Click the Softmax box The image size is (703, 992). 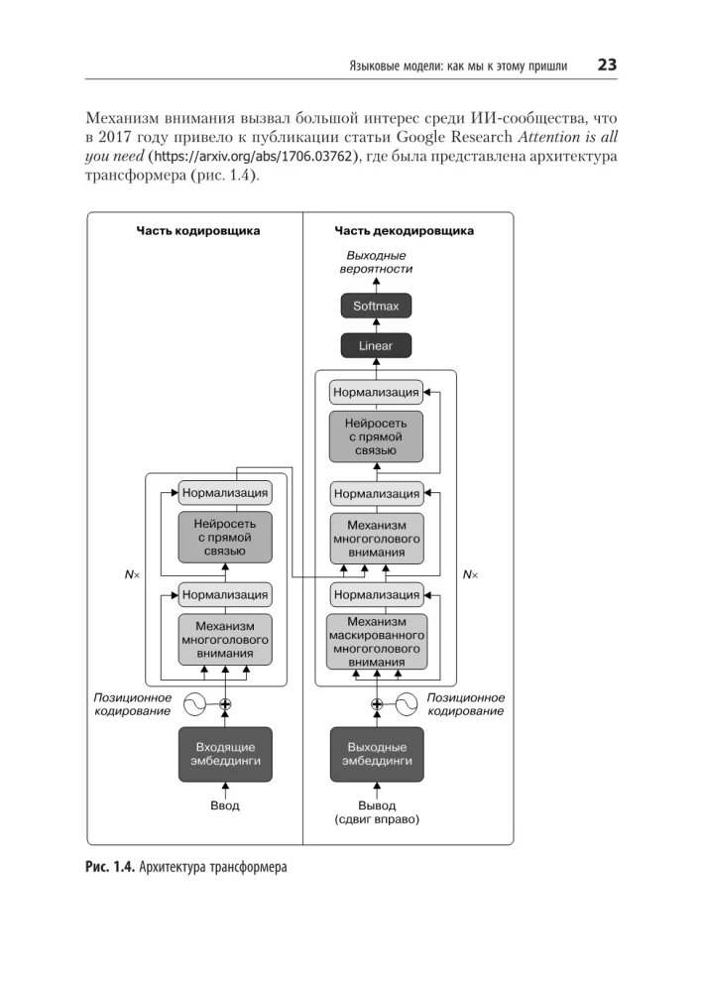376,306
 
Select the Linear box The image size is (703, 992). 376,346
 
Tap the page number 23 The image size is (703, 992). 606,65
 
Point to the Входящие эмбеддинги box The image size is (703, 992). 225,753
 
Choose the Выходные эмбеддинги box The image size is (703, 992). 376,753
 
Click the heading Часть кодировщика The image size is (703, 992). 198,231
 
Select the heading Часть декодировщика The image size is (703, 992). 404,231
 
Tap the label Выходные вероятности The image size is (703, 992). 376,262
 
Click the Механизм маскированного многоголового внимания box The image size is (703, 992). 376,641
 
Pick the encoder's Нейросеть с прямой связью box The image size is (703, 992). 225,536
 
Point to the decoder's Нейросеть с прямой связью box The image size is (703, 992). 376,436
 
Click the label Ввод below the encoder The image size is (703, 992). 225,806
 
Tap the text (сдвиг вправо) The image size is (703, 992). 376,820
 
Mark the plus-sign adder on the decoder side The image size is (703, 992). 376,704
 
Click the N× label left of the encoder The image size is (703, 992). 131,574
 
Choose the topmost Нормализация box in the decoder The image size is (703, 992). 376,392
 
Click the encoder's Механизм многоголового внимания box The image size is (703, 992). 225,640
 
